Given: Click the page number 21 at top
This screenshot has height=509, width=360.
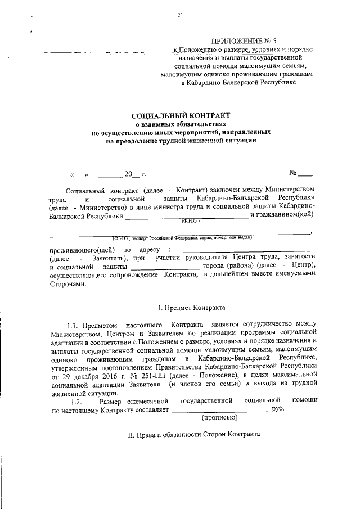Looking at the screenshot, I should click(x=179, y=16).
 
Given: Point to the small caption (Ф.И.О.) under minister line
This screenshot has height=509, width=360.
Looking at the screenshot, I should click(x=191, y=221).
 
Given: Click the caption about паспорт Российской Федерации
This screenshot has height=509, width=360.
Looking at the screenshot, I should click(x=182, y=237).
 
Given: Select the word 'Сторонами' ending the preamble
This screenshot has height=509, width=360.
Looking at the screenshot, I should click(x=69, y=285).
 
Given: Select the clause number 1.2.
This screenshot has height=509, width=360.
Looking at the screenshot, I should click(x=76, y=400).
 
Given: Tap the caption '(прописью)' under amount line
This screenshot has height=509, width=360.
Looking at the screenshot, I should click(x=219, y=417).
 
